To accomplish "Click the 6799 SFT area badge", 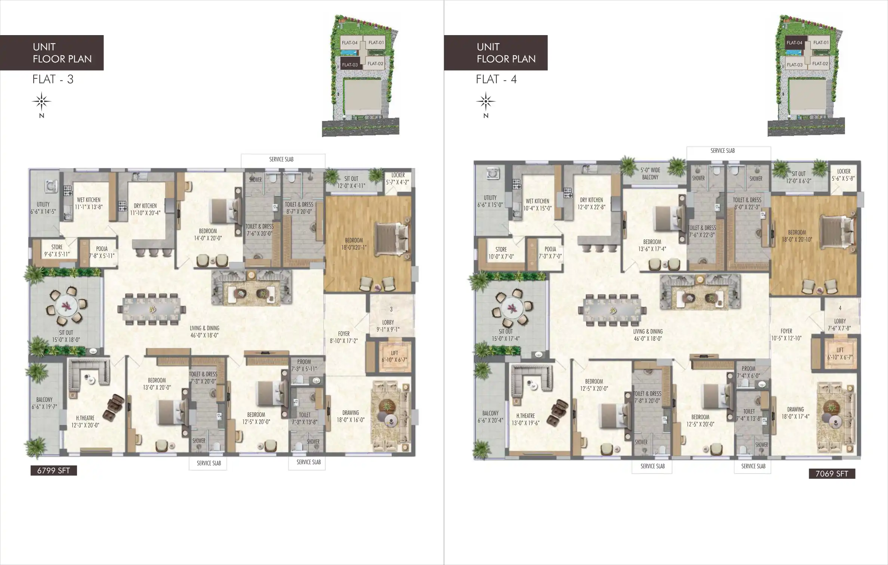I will (53, 470).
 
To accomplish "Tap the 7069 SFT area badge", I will (832, 474).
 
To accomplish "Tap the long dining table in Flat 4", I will (612, 310).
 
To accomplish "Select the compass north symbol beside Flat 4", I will (485, 102).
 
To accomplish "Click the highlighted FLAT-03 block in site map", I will (349, 65).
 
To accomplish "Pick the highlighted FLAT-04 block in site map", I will (794, 43).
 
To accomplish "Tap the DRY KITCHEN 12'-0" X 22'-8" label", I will (591, 203).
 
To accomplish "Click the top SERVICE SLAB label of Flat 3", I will (281, 159).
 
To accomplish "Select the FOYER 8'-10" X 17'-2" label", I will (344, 337).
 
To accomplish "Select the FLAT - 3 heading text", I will (53, 79).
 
